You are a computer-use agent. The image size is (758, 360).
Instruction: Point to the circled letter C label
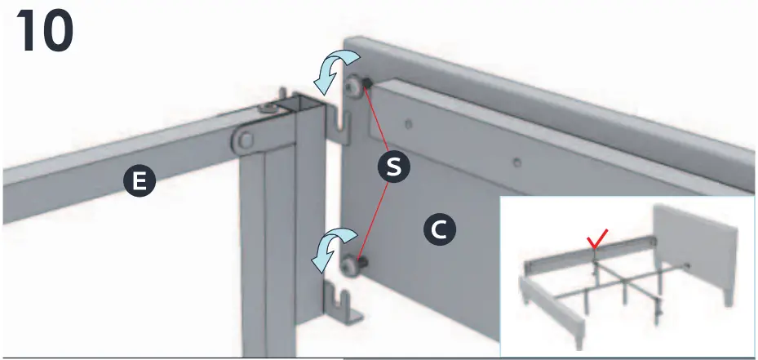[438, 231]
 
